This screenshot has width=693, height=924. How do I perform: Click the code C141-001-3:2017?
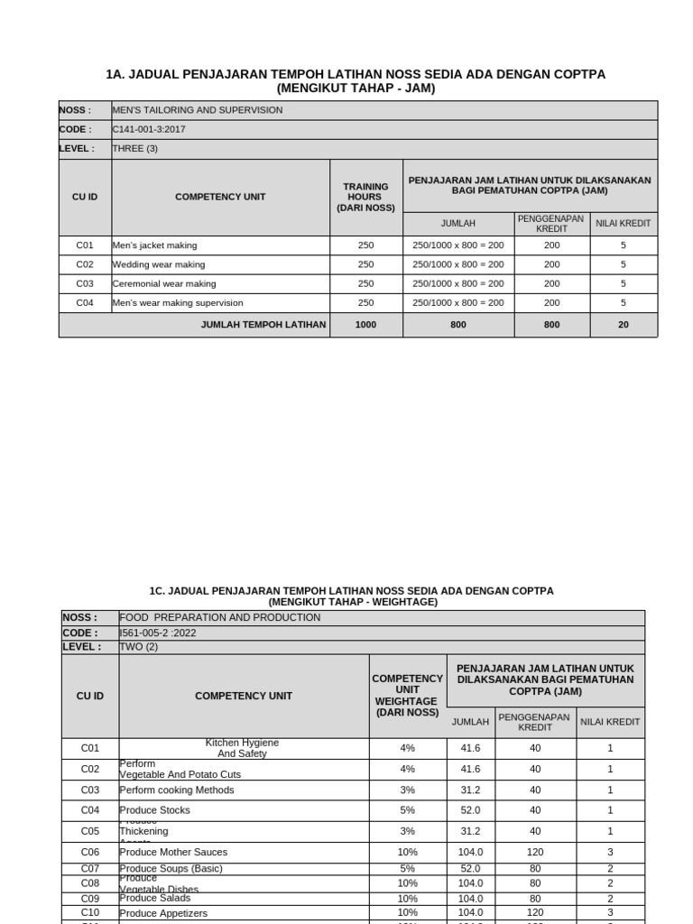(x=149, y=129)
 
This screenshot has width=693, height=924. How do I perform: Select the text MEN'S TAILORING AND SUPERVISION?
(x=197, y=110)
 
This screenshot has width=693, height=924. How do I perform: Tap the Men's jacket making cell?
(x=154, y=245)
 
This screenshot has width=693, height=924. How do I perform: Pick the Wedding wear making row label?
(x=159, y=264)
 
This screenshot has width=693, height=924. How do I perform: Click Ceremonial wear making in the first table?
(x=164, y=283)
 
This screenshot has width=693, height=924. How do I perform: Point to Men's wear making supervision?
(x=178, y=303)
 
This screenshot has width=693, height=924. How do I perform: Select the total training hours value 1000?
(x=365, y=325)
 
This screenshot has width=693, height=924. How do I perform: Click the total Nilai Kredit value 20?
(x=624, y=325)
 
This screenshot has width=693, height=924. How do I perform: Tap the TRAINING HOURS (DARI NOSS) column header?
(x=365, y=197)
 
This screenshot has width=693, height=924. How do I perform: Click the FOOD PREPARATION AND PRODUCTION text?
(x=220, y=617)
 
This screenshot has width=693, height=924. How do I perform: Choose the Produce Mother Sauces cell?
(x=173, y=852)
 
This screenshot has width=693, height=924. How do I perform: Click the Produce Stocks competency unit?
(x=155, y=810)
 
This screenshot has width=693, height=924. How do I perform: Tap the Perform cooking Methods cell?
(x=177, y=790)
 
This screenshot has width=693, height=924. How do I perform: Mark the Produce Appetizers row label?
(x=163, y=913)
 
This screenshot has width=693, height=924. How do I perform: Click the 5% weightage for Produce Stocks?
(x=407, y=810)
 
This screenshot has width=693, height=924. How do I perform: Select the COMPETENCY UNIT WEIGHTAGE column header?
(x=407, y=696)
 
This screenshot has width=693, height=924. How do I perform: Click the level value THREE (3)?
(x=135, y=148)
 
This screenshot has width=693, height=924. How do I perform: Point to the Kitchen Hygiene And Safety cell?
(x=242, y=748)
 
